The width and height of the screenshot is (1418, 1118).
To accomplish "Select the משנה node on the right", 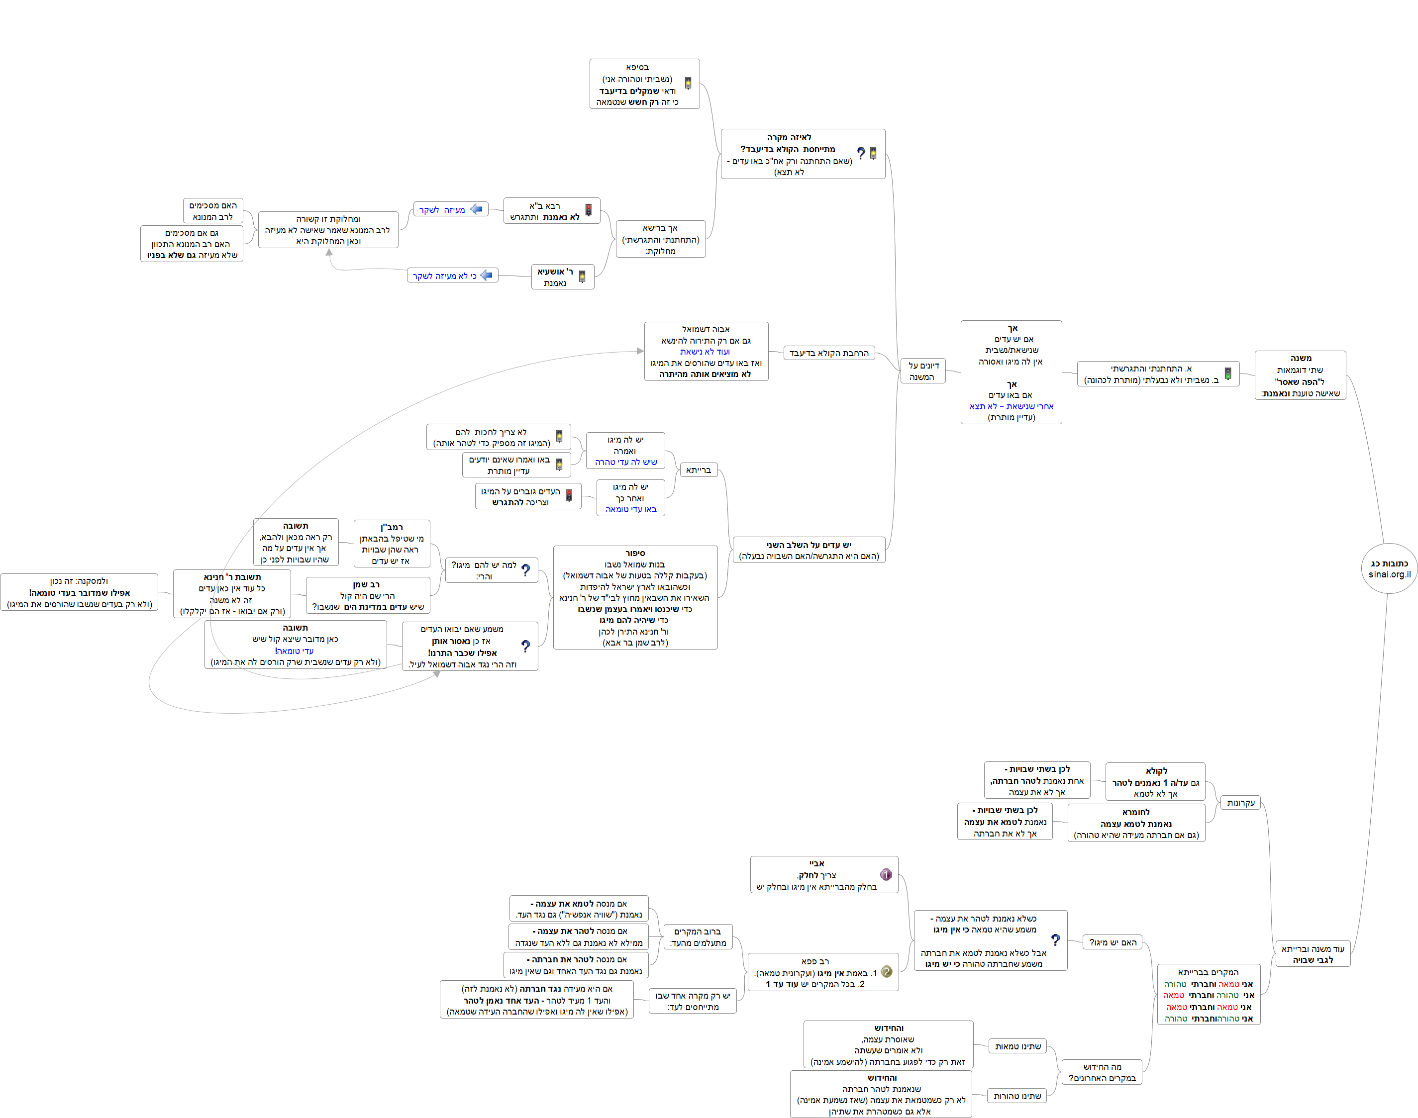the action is [1300, 375].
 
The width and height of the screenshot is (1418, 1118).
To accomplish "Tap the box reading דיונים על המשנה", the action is [923, 371].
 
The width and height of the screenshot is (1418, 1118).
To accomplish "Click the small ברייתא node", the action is [698, 470].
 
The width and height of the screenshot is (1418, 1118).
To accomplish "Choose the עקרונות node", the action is [1240, 803].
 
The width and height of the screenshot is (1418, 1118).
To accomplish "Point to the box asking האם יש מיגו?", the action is [1113, 942].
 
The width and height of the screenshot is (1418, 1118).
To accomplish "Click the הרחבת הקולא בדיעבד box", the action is [829, 354].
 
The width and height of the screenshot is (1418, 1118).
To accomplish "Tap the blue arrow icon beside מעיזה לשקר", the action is [477, 209].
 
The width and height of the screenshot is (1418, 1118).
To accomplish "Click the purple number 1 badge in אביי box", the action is [886, 874].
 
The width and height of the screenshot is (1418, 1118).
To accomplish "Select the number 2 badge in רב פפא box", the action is [887, 972].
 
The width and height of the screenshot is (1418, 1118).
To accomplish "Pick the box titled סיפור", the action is [635, 598].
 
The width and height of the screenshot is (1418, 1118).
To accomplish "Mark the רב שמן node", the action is [368, 595].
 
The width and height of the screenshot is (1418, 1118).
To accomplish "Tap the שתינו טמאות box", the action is [1017, 1047].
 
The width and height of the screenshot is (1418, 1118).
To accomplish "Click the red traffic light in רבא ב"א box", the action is [589, 210].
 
